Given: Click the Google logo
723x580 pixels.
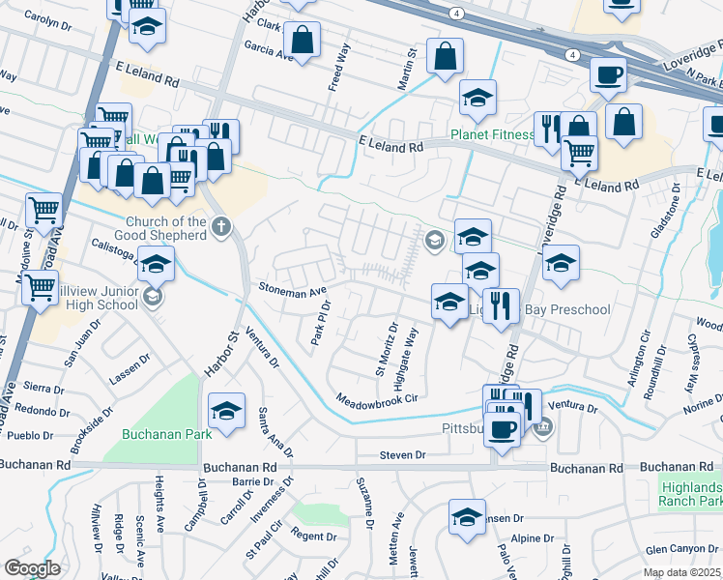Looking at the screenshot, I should tap(32, 568).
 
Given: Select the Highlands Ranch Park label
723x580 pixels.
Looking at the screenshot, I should tap(690, 493).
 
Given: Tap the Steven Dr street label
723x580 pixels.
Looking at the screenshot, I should tap(402, 454).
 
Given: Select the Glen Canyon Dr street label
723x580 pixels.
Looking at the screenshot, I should tap(683, 549).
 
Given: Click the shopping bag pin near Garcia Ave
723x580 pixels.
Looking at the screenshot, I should tap(302, 42).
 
